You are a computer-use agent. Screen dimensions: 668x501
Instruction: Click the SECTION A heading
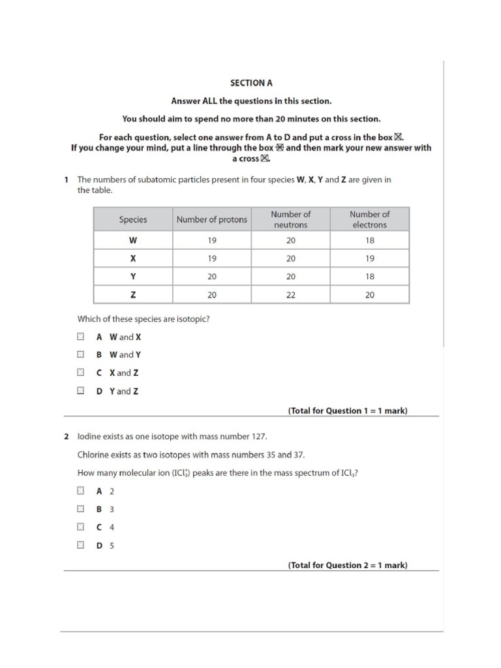click(250, 83)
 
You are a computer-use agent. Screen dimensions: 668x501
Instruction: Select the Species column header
click(133, 220)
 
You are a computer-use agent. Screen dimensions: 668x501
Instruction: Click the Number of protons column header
click(211, 220)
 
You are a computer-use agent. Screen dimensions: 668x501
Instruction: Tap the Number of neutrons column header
click(290, 219)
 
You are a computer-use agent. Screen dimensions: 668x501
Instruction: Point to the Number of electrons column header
click(369, 219)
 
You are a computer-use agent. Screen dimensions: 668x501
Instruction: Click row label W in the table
click(133, 240)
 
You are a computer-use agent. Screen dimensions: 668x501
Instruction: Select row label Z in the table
click(133, 295)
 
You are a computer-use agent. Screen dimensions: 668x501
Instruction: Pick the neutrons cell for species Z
click(290, 295)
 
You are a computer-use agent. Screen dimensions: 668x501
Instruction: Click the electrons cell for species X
click(369, 258)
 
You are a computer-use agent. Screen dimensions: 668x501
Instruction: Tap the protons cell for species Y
click(211, 277)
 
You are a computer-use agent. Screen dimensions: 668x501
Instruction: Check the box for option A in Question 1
click(80, 337)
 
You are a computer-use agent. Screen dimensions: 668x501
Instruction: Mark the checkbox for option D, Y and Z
click(80, 391)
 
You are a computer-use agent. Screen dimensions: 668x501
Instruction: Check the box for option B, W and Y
click(80, 355)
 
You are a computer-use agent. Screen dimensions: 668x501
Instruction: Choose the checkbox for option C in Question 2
click(80, 527)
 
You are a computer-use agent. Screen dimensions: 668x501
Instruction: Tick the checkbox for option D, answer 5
click(80, 545)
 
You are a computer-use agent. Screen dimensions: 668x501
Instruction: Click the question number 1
click(67, 179)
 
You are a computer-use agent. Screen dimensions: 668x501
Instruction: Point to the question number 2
click(67, 436)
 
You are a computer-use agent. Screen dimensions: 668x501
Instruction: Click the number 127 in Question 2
click(259, 436)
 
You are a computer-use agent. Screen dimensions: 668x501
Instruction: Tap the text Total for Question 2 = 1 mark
click(348, 566)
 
